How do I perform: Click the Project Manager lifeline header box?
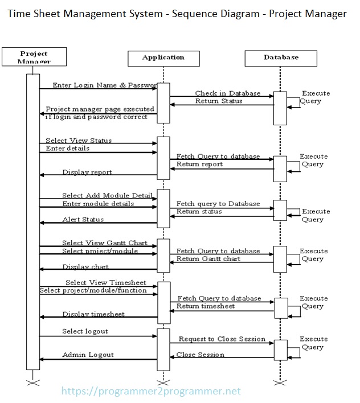(34, 57)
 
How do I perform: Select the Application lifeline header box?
(163, 57)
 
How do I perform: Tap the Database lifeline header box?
(281, 57)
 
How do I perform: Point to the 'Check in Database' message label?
(227, 93)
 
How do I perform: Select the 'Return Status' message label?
(219, 101)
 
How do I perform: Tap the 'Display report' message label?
(87, 172)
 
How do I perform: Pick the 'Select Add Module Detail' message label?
(107, 196)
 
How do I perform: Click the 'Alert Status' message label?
(83, 220)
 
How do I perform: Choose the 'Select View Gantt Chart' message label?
(105, 243)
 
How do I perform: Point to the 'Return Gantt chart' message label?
(208, 259)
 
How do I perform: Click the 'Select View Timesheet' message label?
(105, 282)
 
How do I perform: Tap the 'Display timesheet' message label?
(93, 314)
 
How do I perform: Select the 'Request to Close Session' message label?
(222, 339)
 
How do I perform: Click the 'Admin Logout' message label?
(88, 355)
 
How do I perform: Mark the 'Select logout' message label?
(85, 331)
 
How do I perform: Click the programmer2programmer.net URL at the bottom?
(150, 391)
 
